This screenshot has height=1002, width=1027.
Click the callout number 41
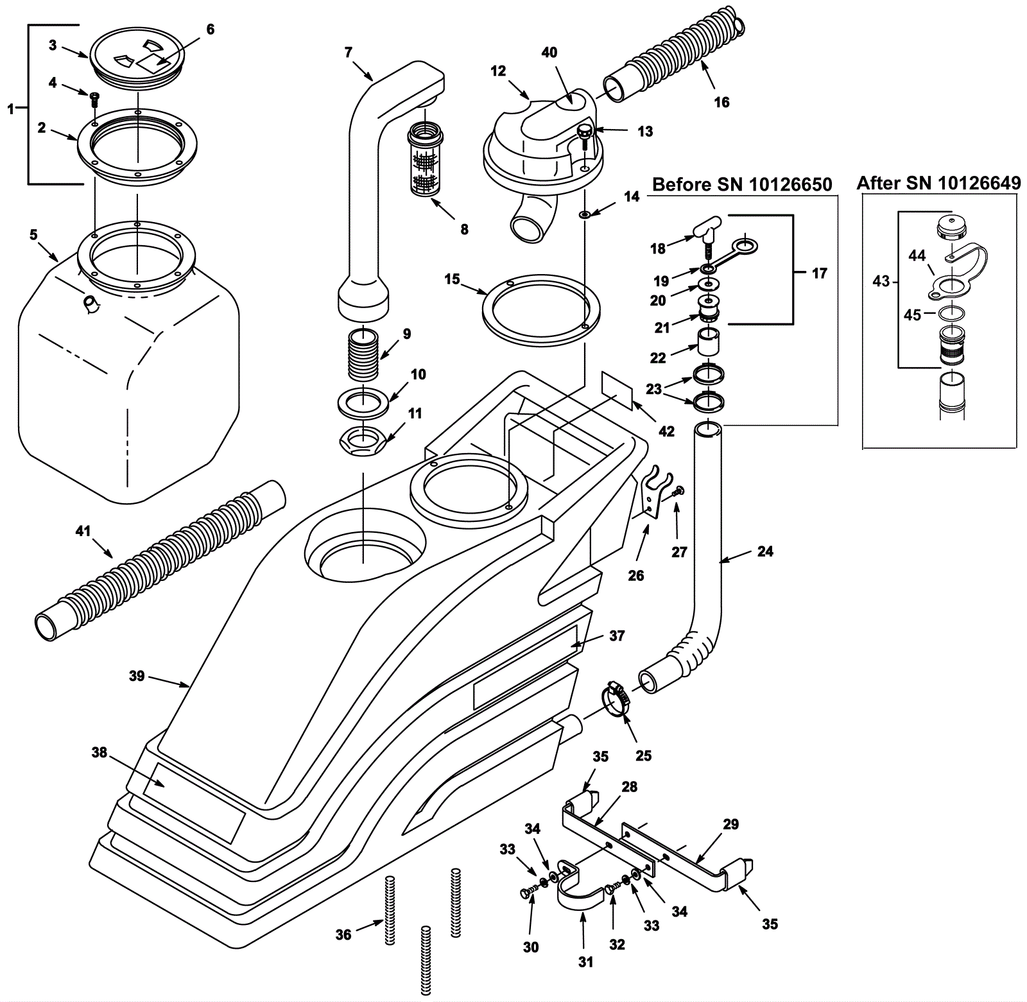83,531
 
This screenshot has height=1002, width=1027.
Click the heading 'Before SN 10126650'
742,185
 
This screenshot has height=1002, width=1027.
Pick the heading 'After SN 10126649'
938,183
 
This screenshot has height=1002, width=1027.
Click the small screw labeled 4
94,98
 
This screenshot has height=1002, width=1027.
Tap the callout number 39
136,676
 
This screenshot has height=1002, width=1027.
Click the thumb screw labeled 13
585,135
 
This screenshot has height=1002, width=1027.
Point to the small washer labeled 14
585,214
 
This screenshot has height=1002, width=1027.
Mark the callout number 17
820,273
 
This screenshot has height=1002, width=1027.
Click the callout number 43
881,281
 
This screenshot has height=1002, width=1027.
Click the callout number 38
99,752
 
